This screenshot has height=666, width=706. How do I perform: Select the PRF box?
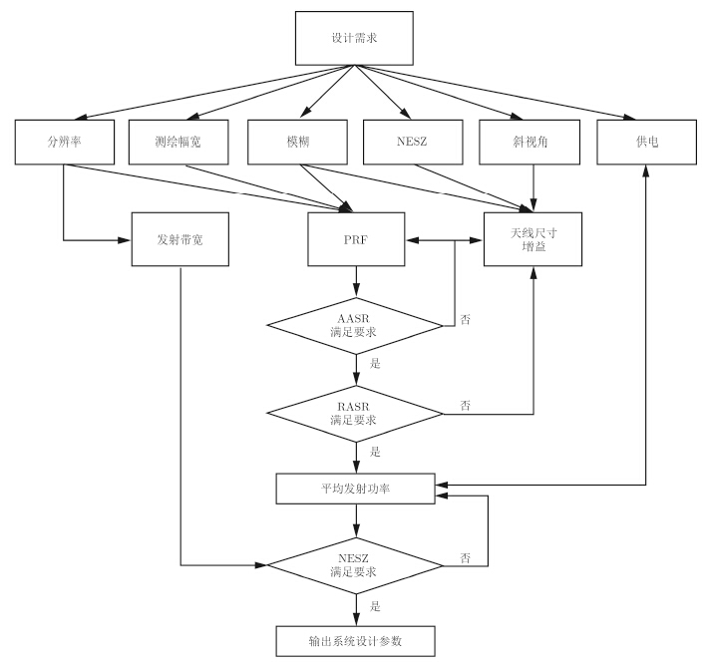356,240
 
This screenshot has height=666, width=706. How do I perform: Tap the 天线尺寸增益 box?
533,240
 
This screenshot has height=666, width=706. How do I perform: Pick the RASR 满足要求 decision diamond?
356,412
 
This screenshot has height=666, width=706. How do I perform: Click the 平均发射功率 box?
356,487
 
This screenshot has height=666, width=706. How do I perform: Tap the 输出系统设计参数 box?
356,641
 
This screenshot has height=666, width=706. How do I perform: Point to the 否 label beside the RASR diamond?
466,405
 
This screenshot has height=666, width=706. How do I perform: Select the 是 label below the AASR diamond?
375,364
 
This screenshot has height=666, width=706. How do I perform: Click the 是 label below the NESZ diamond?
375,606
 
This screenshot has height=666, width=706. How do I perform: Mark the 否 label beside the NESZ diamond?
466,557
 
